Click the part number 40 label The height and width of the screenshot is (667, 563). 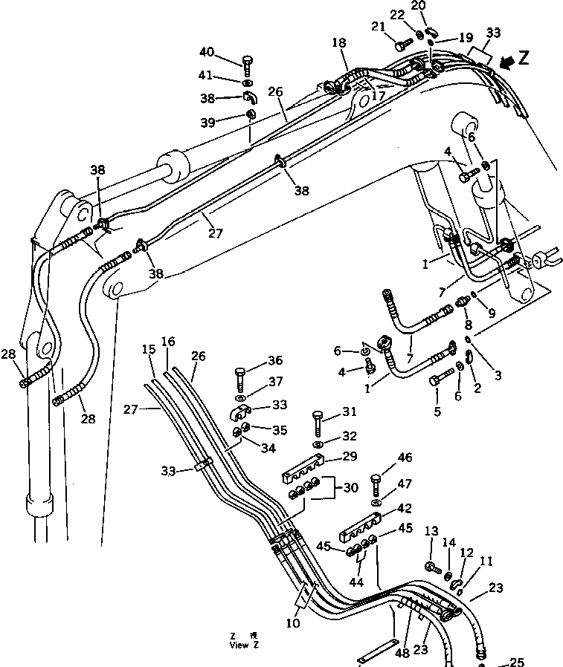tap(206, 51)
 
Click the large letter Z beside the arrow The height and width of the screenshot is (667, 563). tap(524, 59)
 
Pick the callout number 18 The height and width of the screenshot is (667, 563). tap(339, 45)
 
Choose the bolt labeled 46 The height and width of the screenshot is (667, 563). tap(377, 484)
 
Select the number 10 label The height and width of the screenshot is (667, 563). tap(292, 623)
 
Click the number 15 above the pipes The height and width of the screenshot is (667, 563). tap(149, 349)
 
